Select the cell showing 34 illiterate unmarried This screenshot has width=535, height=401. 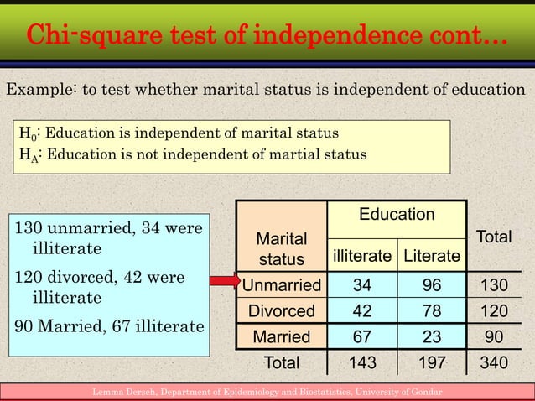click(362, 285)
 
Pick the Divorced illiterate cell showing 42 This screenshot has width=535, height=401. click(362, 311)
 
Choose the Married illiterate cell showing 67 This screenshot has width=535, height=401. click(362, 337)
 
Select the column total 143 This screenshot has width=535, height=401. click(362, 363)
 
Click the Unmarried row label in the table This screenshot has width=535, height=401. click(282, 285)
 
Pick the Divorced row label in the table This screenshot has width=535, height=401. click(282, 311)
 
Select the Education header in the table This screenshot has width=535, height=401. click(397, 216)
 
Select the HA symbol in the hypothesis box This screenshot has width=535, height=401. click(26, 154)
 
